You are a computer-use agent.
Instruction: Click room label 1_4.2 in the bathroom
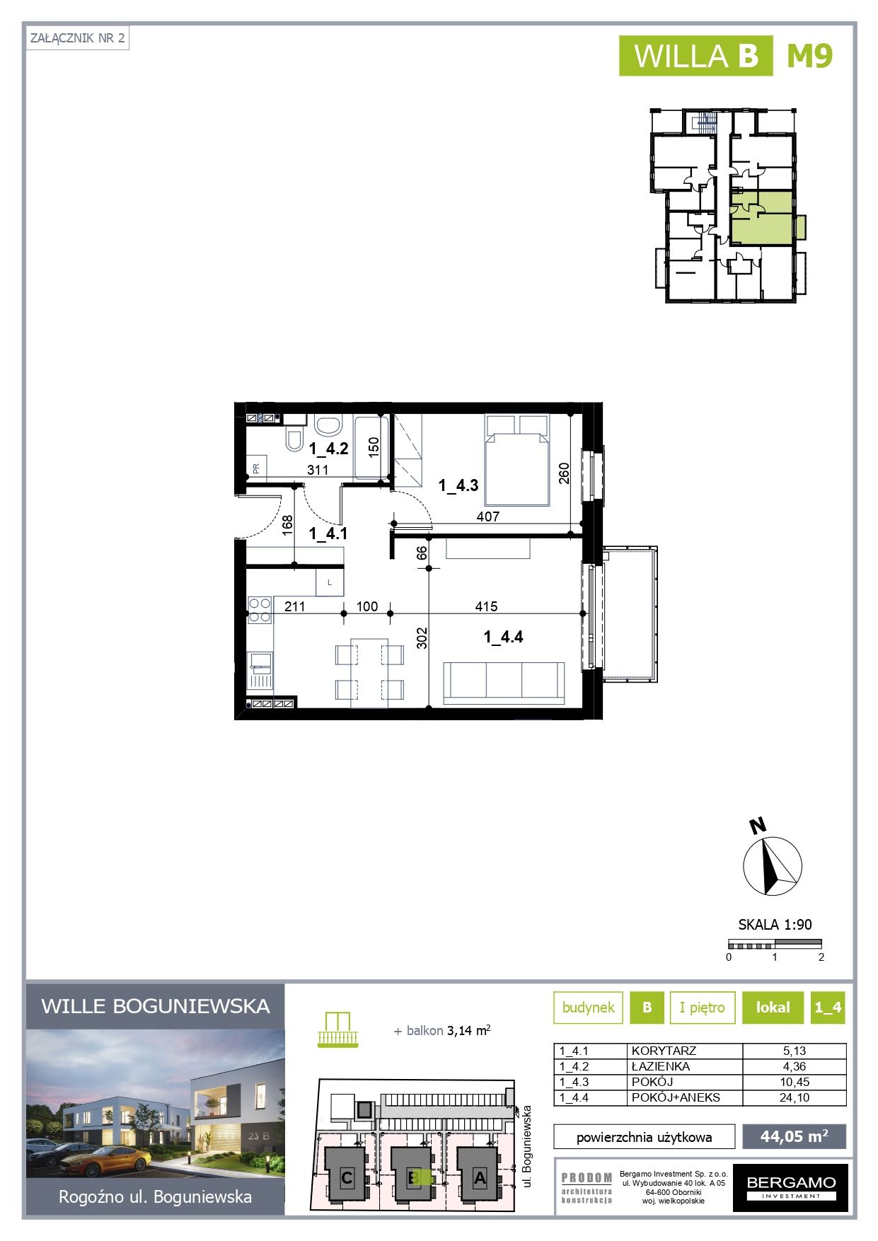(x=328, y=449)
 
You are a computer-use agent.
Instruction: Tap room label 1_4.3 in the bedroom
(x=458, y=485)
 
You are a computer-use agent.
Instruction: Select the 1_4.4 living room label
(x=503, y=637)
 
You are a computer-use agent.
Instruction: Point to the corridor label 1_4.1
(x=328, y=533)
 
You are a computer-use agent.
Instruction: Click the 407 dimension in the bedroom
(x=487, y=516)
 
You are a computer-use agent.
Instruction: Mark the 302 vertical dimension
(x=422, y=638)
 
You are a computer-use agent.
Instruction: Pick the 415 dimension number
(x=486, y=606)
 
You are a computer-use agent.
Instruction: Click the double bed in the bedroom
(x=517, y=460)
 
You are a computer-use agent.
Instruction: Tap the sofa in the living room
(x=504, y=683)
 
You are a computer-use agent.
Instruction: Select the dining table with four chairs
(x=369, y=673)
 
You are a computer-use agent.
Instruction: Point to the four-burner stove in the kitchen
(x=260, y=610)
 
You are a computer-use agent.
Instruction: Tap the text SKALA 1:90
(x=775, y=924)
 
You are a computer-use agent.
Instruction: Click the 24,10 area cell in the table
(x=794, y=1097)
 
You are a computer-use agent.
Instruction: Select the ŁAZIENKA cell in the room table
(x=661, y=1066)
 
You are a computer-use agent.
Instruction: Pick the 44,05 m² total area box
(x=794, y=1136)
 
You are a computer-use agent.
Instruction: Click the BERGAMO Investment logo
(x=790, y=1187)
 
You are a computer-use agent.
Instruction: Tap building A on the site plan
(x=479, y=1178)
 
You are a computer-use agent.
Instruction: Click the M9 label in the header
(x=810, y=56)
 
